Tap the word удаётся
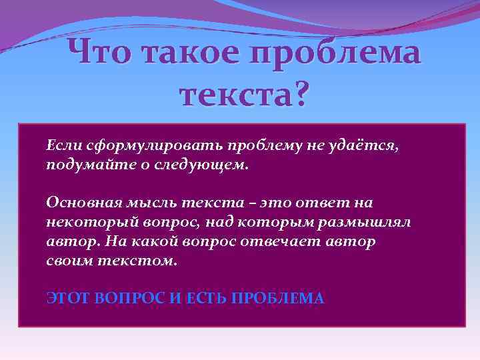367,145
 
